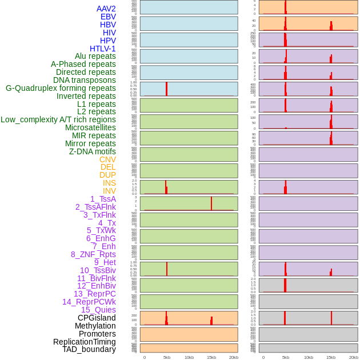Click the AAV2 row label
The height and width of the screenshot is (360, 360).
point(106,9)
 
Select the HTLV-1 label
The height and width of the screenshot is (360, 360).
point(102,49)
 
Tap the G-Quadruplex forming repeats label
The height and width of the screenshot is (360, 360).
point(61,88)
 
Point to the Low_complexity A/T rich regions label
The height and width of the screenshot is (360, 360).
point(58,119)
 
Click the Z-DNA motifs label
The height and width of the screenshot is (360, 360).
point(92,151)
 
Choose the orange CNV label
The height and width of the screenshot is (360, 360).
point(107,159)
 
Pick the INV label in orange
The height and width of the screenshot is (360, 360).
point(109,191)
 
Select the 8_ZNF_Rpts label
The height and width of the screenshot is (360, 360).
point(93,254)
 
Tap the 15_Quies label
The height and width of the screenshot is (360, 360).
point(98,310)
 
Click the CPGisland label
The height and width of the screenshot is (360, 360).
point(97,318)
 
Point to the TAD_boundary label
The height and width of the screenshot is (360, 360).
point(89,349)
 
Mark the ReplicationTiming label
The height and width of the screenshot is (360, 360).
point(84,342)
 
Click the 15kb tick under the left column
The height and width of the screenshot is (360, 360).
point(211,357)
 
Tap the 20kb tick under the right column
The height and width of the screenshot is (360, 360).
point(354,357)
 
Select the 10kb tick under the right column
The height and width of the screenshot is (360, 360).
point(308,357)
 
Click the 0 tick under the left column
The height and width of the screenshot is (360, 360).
point(144,357)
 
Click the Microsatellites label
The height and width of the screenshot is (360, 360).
point(90,127)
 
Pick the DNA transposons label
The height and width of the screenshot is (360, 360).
point(85,80)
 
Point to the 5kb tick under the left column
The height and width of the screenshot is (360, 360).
point(167,357)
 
